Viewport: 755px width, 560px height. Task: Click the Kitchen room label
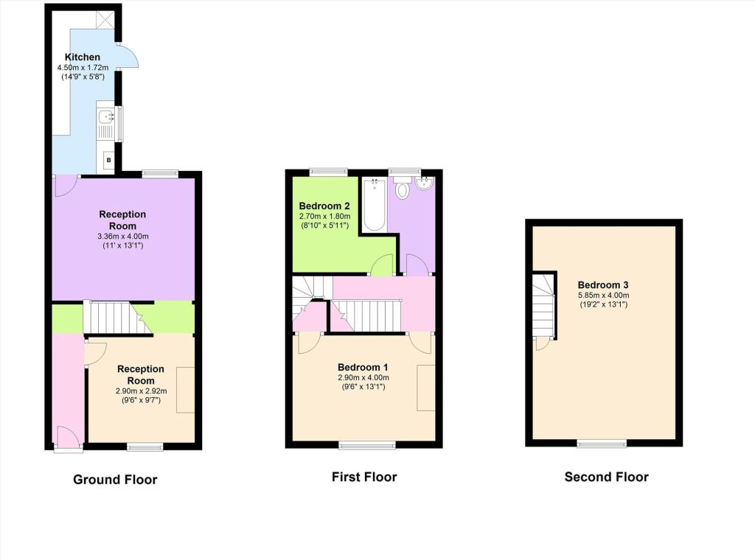(x=83, y=57)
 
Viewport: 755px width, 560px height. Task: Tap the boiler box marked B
(x=109, y=160)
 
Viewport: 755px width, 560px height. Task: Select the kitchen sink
(x=105, y=117)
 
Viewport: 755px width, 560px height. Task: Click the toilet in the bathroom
(x=401, y=187)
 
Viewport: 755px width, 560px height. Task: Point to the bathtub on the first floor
(x=374, y=205)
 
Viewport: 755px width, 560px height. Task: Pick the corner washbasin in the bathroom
(x=425, y=183)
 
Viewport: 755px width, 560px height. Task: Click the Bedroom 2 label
(x=324, y=206)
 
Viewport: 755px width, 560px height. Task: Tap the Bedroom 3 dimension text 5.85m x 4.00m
(x=603, y=295)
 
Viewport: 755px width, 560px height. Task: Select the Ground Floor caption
(x=115, y=480)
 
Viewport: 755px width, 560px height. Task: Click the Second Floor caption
(x=606, y=477)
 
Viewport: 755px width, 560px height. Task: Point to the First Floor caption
(x=364, y=477)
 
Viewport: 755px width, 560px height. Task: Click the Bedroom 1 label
(x=363, y=368)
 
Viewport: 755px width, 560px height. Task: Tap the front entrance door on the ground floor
(x=68, y=438)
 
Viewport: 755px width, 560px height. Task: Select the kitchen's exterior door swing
(x=127, y=55)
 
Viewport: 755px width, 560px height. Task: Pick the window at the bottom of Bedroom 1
(x=367, y=446)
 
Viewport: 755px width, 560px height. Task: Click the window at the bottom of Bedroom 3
(x=602, y=444)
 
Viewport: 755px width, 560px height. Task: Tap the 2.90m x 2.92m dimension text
(x=141, y=391)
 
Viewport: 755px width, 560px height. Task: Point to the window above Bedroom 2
(x=328, y=171)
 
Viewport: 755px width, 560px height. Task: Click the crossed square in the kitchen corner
(x=105, y=19)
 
